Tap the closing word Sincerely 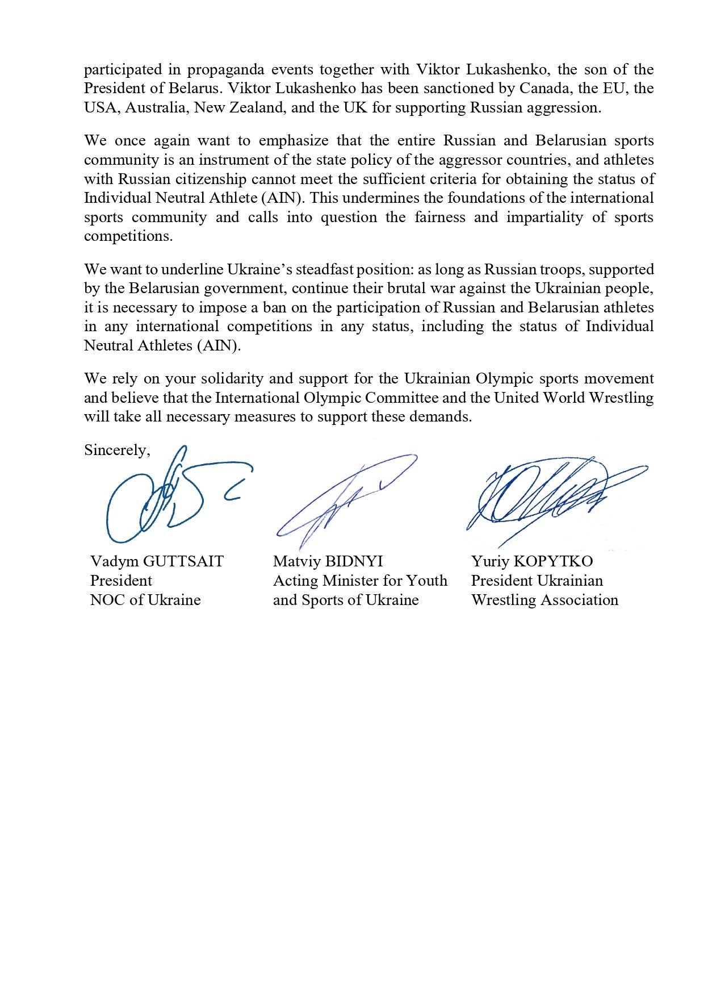pos(117,450)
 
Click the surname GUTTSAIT pos(183,562)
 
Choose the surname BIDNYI pos(354,562)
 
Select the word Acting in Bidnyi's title pos(295,581)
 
